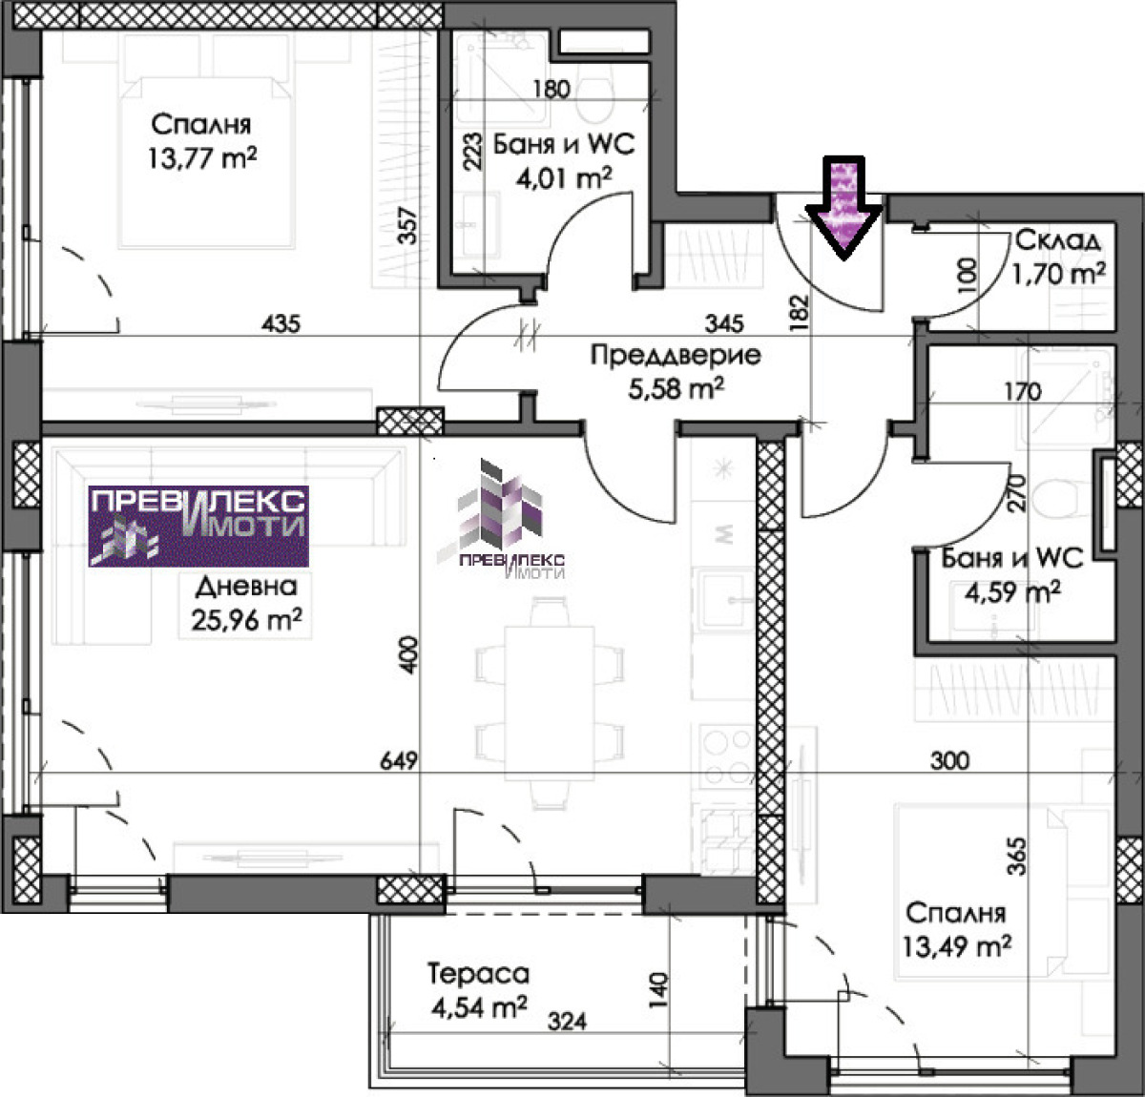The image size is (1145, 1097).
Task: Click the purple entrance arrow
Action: pyautogui.click(x=843, y=208)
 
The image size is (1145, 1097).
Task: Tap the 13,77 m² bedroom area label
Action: pyautogui.click(x=202, y=158)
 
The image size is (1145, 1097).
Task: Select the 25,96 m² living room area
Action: pyautogui.click(x=246, y=619)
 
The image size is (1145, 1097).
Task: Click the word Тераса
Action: pyautogui.click(x=478, y=974)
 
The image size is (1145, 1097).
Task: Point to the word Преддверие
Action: pyautogui.click(x=676, y=355)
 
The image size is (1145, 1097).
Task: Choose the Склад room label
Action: pyautogui.click(x=1057, y=240)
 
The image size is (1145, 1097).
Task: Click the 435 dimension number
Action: pyautogui.click(x=281, y=323)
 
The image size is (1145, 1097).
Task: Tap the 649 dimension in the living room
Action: pyautogui.click(x=398, y=760)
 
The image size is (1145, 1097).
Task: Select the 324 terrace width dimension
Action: pyautogui.click(x=567, y=1022)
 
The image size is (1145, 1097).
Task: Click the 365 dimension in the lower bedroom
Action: pyautogui.click(x=1017, y=857)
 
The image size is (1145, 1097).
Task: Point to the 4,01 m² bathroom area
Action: pyautogui.click(x=564, y=178)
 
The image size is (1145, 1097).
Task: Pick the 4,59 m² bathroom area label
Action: pyautogui.click(x=1012, y=591)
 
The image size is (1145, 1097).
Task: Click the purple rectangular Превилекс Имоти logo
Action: pyautogui.click(x=198, y=526)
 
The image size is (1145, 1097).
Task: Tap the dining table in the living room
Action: pyautogui.click(x=550, y=703)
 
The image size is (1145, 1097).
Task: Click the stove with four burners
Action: pyautogui.click(x=727, y=755)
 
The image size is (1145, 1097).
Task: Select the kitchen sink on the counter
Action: pyautogui.click(x=724, y=600)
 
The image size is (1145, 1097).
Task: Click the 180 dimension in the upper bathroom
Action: pyautogui.click(x=552, y=89)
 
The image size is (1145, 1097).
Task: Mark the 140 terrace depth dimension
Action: pyautogui.click(x=659, y=990)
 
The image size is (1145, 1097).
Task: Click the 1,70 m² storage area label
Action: pyautogui.click(x=1057, y=274)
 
